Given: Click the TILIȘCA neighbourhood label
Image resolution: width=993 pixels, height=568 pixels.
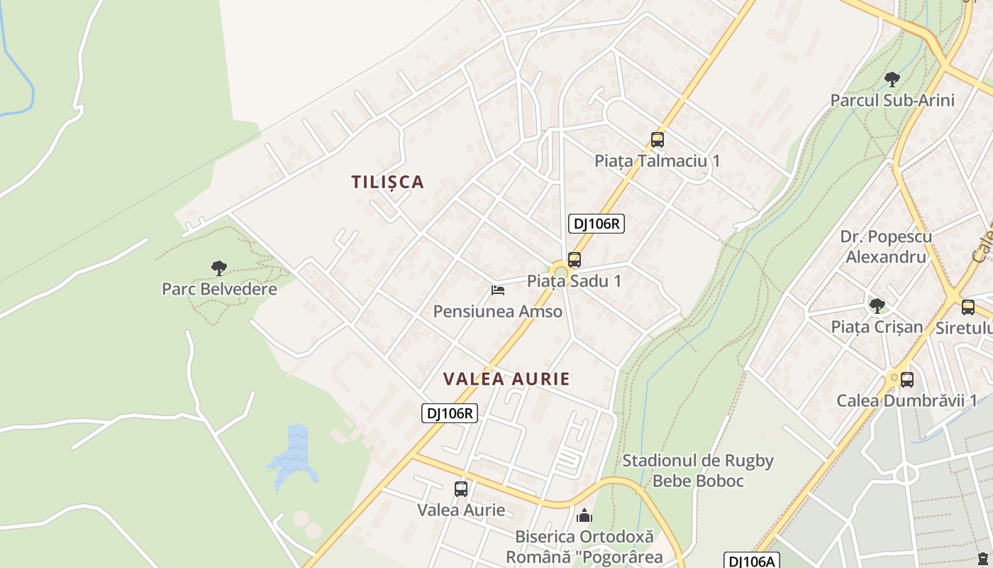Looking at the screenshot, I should (x=388, y=182).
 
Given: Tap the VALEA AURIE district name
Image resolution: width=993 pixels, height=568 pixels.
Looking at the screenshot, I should (x=506, y=378).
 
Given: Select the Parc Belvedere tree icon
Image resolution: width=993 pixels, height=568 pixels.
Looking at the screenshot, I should (x=219, y=268).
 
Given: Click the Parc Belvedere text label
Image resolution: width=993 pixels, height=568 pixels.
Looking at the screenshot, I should (x=219, y=289).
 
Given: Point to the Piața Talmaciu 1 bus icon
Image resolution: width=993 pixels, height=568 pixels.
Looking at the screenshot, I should (x=658, y=140).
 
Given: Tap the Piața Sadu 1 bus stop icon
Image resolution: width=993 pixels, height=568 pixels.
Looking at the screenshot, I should (x=575, y=260).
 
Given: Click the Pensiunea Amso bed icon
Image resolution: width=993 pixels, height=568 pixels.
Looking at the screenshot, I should (x=498, y=290).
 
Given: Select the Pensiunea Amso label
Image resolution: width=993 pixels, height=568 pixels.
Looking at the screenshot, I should (x=498, y=311).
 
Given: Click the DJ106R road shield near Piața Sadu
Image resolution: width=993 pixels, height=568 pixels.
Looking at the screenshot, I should (x=597, y=224).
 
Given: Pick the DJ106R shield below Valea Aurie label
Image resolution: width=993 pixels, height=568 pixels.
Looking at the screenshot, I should (x=450, y=413).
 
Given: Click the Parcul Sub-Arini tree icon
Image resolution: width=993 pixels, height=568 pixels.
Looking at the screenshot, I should (x=892, y=79).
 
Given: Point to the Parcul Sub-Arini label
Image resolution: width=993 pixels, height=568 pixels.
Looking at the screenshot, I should (x=892, y=100).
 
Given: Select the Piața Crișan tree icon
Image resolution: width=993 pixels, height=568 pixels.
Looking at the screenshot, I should (x=877, y=306).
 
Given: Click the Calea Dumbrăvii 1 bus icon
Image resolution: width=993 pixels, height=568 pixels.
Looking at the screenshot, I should (x=906, y=379).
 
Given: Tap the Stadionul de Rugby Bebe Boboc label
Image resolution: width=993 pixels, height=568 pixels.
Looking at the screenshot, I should (x=698, y=471).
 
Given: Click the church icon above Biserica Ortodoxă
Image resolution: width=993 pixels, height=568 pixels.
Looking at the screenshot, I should (x=584, y=515).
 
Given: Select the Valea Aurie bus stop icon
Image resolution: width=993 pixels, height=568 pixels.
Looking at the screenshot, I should (x=461, y=488).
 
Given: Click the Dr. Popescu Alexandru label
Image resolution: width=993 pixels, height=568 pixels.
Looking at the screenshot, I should (x=886, y=246).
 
